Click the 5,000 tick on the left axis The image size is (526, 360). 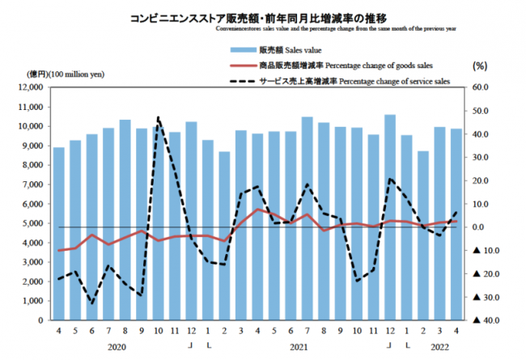coord(31,223)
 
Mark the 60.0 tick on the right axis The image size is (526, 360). coord(482,87)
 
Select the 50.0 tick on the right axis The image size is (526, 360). coord(482,111)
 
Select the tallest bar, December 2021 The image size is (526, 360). coord(391,217)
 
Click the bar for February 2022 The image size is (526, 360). coord(423,235)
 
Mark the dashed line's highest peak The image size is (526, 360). coord(158,118)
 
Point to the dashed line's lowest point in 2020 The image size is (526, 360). coord(91,304)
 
